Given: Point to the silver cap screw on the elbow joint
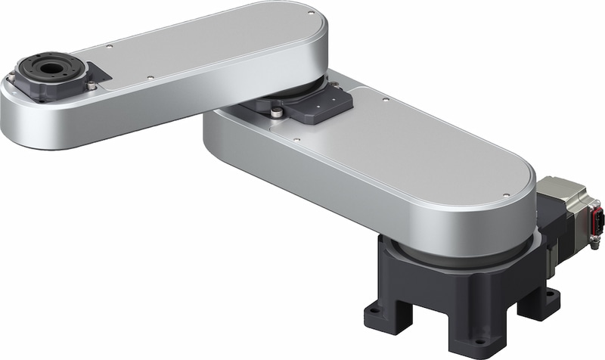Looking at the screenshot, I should [277, 113].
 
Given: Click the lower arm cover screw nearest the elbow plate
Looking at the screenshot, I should [296, 141].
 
